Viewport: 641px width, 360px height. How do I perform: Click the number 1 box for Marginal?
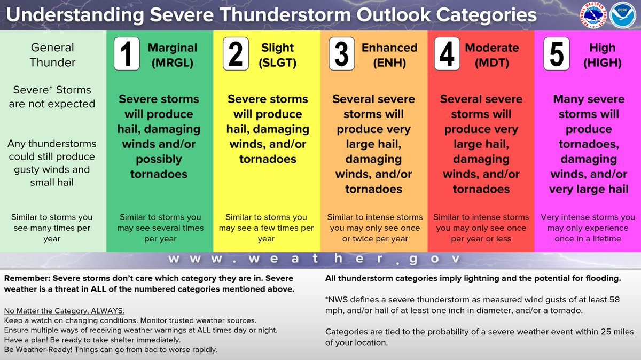[x=127, y=54]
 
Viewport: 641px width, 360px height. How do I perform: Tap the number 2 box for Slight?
[x=235, y=54]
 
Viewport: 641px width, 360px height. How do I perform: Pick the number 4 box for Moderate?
[x=447, y=54]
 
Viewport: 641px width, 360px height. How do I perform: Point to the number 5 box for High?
[x=557, y=54]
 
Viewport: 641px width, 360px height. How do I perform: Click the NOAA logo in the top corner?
[x=622, y=15]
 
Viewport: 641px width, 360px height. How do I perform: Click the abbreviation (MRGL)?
[x=172, y=63]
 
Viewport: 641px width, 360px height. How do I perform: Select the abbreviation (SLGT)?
[x=278, y=63]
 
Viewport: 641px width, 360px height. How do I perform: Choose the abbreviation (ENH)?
[x=389, y=63]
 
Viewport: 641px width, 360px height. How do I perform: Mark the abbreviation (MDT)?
[x=491, y=63]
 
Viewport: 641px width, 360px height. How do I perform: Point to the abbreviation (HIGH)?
[x=602, y=63]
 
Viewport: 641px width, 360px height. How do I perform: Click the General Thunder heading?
[x=52, y=54]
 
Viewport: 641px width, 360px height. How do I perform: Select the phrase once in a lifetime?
[x=588, y=239]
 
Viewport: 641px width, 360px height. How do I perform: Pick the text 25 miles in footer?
[x=615, y=332]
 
